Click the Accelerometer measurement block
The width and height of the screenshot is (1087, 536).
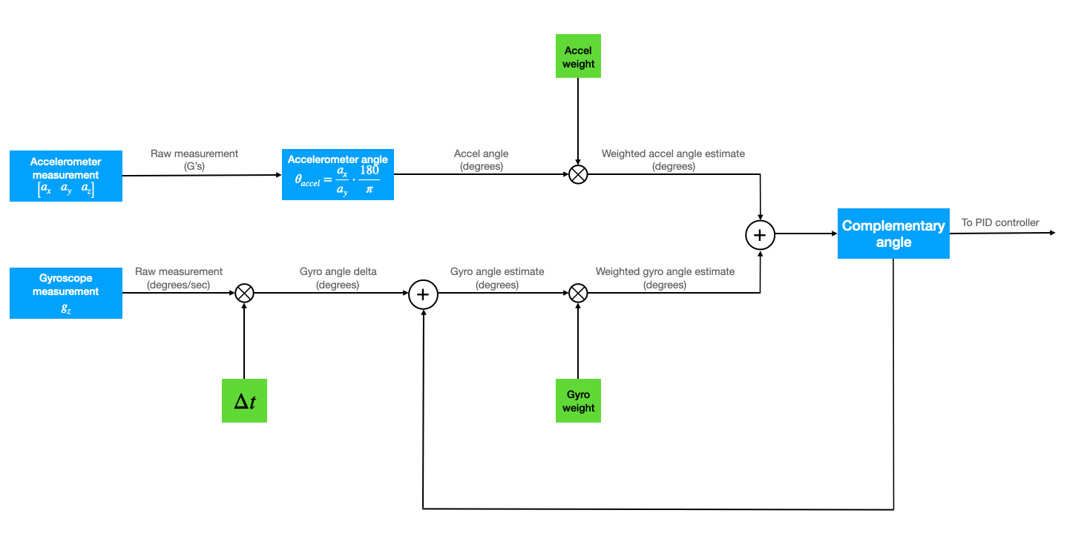coord(65,176)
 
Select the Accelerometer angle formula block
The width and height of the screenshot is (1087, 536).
coord(338,175)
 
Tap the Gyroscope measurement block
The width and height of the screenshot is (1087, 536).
coord(65,293)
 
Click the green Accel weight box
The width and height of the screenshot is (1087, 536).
coord(578,56)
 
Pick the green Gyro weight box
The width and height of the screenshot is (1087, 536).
coord(578,401)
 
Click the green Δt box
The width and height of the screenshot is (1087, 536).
coord(244,400)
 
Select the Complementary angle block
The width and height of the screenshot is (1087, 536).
coord(893,234)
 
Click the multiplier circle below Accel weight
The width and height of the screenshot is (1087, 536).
coord(578,174)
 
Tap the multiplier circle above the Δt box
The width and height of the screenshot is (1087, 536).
coord(244,293)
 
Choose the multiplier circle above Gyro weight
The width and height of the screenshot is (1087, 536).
coord(578,293)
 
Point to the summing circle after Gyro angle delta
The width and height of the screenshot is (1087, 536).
coord(423,294)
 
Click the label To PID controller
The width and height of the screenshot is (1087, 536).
coord(1000,222)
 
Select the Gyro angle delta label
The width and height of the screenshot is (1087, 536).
coord(338,278)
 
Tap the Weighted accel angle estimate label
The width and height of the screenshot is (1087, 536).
coord(673,159)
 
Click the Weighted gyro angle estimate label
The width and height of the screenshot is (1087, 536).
coord(665,278)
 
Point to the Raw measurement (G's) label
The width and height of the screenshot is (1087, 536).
coord(194,159)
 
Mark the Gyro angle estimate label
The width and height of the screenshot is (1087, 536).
coord(497,278)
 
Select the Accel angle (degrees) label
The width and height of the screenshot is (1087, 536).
coord(482,159)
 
